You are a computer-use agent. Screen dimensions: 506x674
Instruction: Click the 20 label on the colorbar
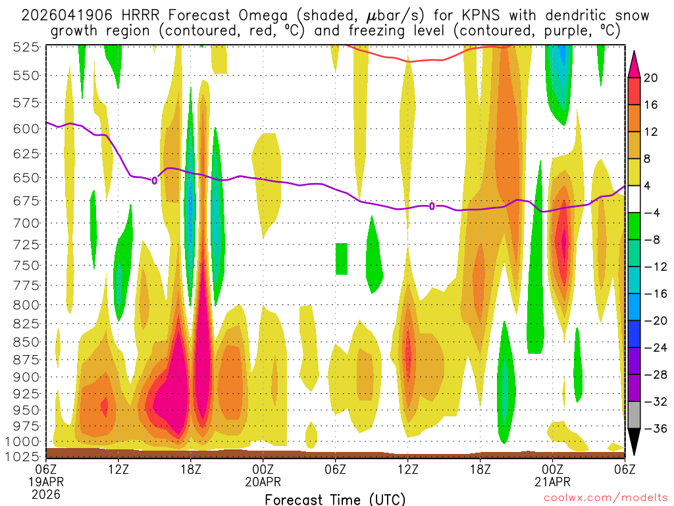click(651, 78)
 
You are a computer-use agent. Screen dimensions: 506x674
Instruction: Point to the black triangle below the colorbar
click(635, 442)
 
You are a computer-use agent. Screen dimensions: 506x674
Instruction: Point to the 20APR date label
click(263, 482)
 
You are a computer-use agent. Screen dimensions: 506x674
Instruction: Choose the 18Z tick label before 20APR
click(191, 470)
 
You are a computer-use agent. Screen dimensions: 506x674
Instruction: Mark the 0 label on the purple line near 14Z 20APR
click(432, 206)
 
